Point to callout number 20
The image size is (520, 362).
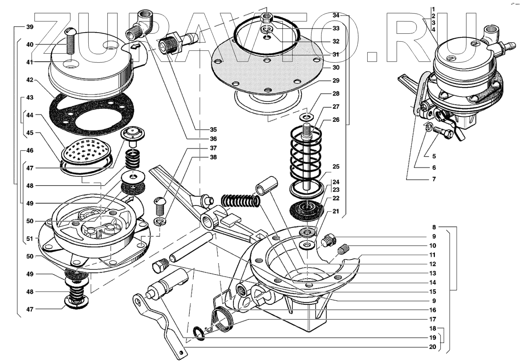pos(432,347)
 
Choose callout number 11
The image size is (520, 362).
pos(432,255)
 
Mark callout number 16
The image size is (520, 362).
pos(432,310)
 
